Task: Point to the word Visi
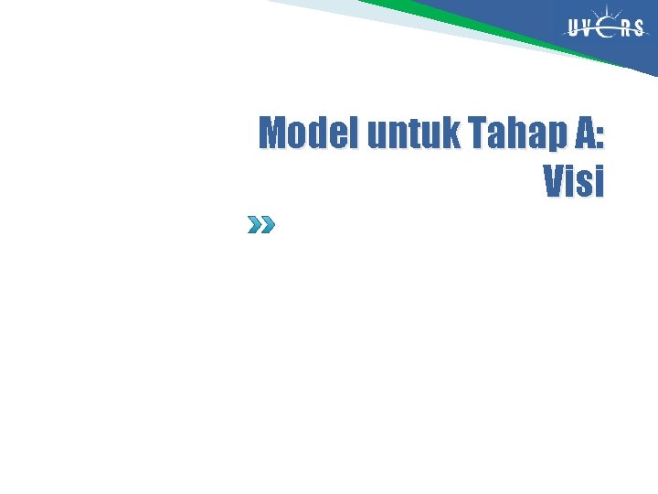pos(574,181)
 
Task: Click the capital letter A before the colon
pos(584,134)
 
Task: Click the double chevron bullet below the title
pos(260,224)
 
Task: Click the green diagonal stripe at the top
pos(457,24)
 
